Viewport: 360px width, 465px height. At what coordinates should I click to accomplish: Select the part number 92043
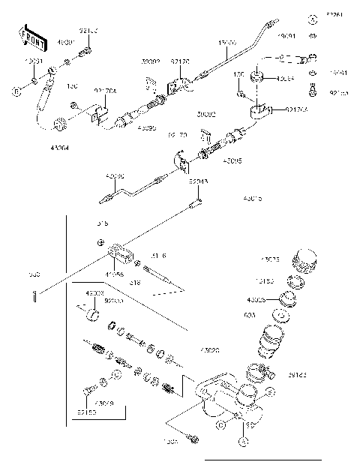coord(199,181)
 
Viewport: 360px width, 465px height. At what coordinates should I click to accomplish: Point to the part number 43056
coord(114,274)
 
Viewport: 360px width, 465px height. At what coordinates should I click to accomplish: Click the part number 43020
coord(211,350)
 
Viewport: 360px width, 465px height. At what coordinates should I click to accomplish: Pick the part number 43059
coord(106,403)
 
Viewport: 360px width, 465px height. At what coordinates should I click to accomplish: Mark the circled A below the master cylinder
coord(244,442)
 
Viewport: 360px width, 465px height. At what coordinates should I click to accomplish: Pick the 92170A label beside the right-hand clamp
coord(296,109)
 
